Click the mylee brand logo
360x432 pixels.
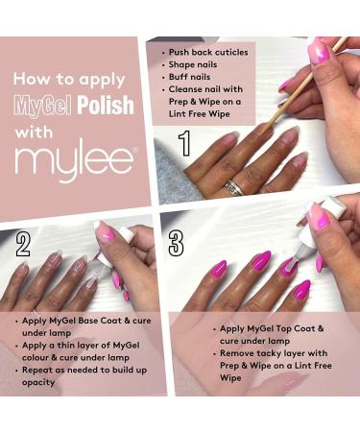click(74, 162)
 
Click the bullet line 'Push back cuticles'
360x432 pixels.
click(208, 51)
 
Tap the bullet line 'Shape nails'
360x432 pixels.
click(196, 66)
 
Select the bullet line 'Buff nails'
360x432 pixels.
click(193, 81)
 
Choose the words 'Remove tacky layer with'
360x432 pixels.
click(256, 354)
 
